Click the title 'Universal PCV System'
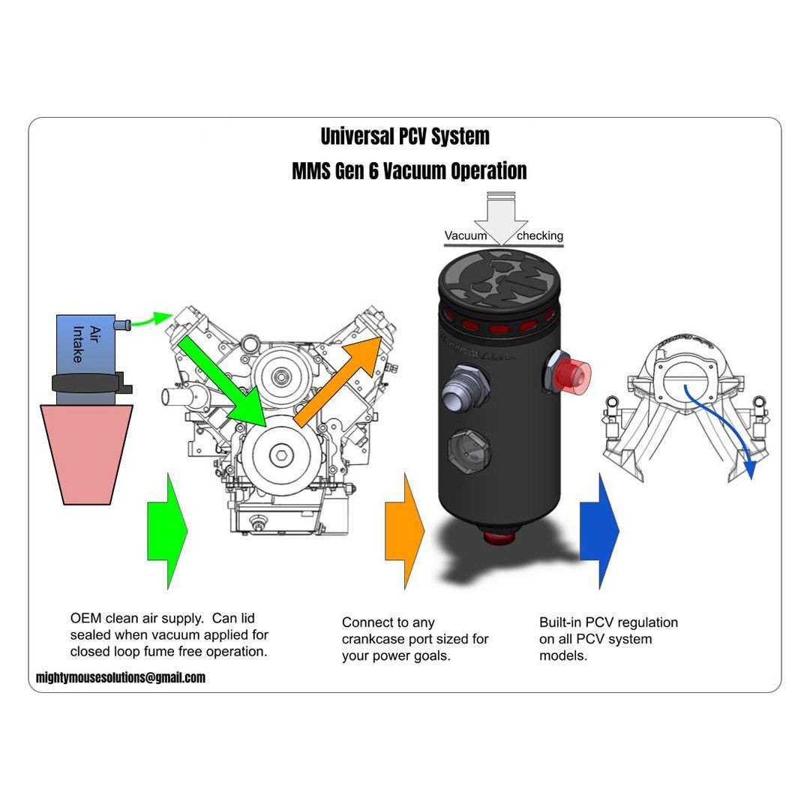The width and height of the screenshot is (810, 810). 405,136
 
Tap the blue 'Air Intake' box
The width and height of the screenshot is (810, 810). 85,345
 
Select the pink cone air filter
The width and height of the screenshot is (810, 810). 86,453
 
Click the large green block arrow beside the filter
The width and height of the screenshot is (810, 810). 166,529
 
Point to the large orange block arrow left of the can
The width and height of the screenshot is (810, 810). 404,529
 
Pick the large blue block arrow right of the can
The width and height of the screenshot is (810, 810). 599,529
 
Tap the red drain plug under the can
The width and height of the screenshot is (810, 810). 499,535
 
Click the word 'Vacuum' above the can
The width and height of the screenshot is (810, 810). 466,235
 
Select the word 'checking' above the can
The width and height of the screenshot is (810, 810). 539,235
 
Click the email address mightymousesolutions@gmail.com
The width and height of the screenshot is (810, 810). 120,677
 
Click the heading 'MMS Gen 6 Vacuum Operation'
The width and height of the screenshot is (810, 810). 409,171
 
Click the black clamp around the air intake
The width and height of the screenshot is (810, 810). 86,383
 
